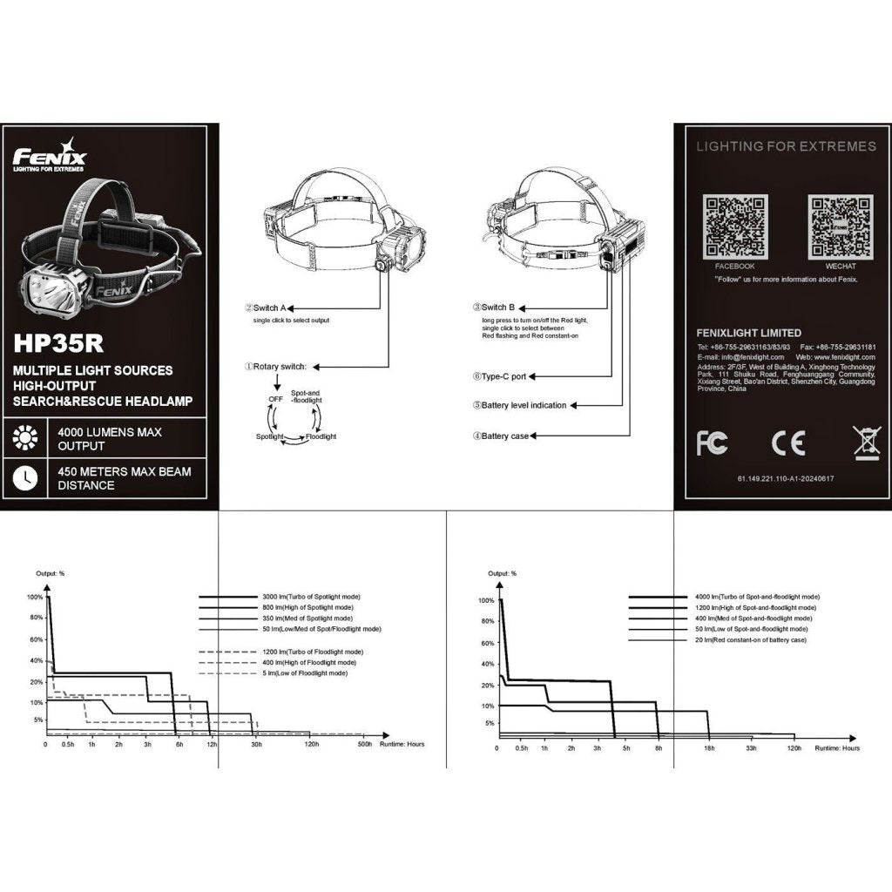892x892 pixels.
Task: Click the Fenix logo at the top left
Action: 50,157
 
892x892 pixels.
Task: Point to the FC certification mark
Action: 712,443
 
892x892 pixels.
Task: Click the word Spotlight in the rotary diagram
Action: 270,436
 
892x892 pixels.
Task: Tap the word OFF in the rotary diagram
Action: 275,398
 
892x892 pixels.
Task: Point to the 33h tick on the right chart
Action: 751,748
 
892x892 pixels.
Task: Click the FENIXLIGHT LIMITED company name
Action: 748,333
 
